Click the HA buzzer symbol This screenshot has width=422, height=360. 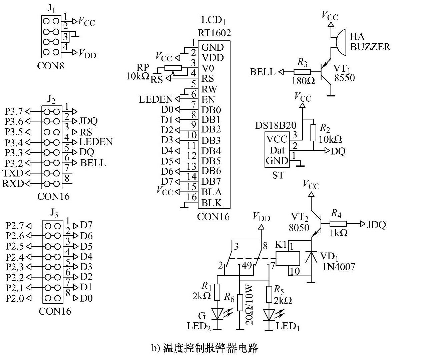tap(341, 42)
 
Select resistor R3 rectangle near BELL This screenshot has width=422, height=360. tap(302, 72)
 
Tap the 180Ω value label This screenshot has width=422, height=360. tap(303, 81)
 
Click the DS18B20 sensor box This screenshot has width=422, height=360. tap(277, 150)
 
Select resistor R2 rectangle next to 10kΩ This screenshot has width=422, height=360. tap(313, 133)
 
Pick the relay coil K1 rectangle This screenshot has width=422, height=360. tap(288, 258)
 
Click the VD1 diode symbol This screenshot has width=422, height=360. tap(311, 257)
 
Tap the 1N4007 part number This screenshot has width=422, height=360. tap(339, 267)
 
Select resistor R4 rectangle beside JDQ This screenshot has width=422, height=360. tap(338, 224)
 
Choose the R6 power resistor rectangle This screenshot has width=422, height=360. tap(240, 302)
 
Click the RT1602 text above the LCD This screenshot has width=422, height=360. tap(214, 33)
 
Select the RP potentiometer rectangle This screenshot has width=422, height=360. tap(173, 68)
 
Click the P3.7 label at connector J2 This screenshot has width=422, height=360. tap(14, 111)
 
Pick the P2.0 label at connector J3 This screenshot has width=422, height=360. tap(15, 298)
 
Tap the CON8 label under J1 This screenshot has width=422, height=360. tap(51, 66)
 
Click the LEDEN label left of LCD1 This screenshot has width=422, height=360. tap(156, 99)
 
